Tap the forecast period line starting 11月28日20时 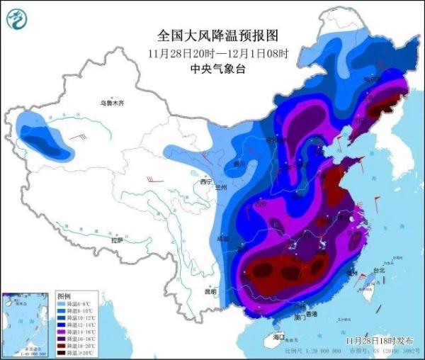214,53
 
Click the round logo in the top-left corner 18,19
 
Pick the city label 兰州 220,187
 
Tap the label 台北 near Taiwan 378,270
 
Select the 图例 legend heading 64,294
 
